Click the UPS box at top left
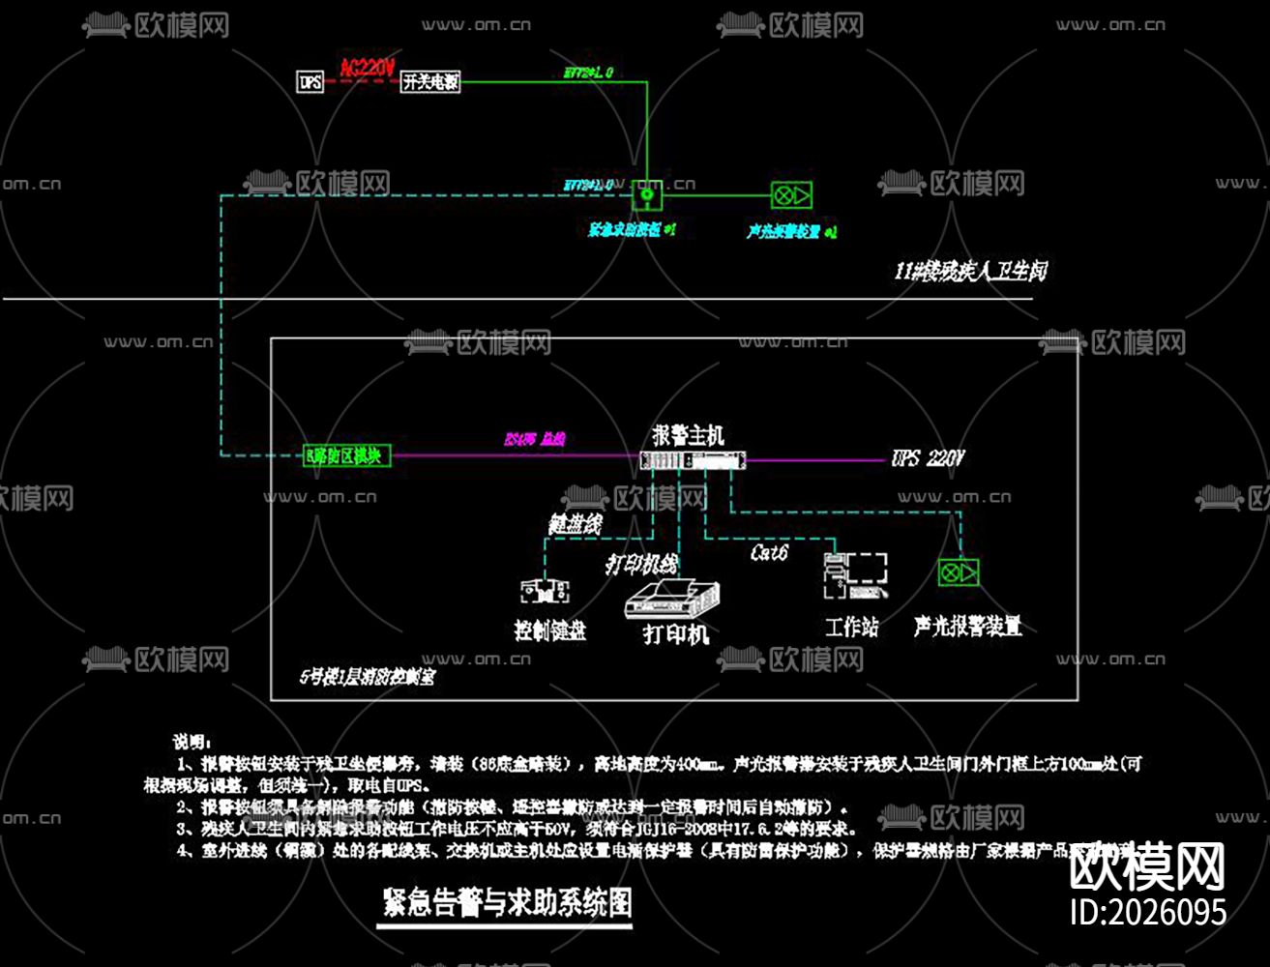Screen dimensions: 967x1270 click(x=310, y=81)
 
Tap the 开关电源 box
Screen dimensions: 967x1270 click(x=430, y=81)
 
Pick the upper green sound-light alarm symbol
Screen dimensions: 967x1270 click(x=791, y=195)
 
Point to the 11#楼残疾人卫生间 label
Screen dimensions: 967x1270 click(x=969, y=272)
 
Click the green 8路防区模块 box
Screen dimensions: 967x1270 click(x=347, y=455)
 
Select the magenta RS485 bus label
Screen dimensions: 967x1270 click(x=535, y=439)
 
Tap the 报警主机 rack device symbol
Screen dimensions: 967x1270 click(x=693, y=460)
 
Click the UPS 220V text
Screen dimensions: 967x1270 click(x=928, y=458)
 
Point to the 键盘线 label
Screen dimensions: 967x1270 click(x=576, y=524)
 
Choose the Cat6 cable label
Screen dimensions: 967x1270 click(x=770, y=552)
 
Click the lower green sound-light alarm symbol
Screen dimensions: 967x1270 click(x=959, y=572)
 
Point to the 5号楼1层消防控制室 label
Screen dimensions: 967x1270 click(x=367, y=677)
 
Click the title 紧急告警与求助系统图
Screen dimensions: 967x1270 click(x=507, y=903)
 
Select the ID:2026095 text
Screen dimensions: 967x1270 click(x=1148, y=912)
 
